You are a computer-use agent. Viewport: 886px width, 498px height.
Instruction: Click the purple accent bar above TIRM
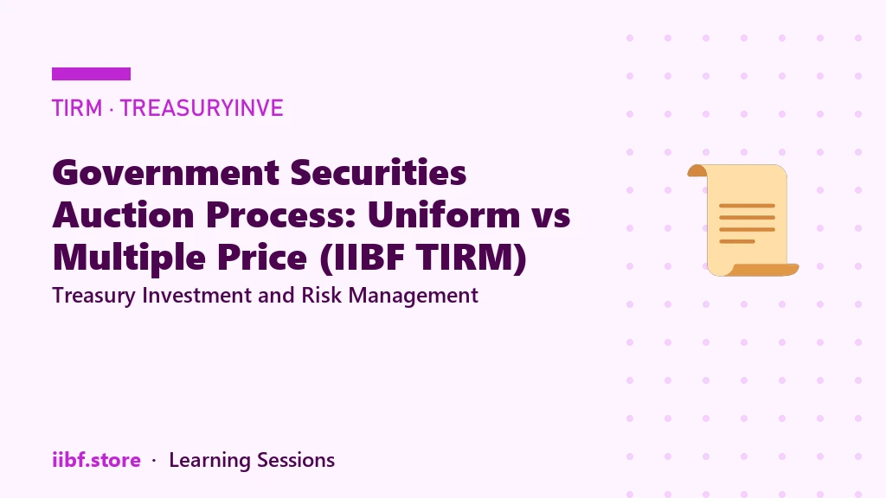(91, 74)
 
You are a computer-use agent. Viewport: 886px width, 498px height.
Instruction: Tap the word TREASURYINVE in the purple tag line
(202, 108)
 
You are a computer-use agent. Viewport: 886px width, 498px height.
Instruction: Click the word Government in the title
(166, 173)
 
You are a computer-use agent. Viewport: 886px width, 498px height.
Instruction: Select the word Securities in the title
(379, 172)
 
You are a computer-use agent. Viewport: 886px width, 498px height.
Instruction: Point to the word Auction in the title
(123, 214)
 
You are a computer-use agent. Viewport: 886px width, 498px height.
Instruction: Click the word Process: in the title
(281, 214)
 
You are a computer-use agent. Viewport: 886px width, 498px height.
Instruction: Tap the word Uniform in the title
(444, 214)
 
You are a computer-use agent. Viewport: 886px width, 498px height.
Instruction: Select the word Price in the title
(262, 257)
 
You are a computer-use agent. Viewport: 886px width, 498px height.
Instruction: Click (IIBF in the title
(363, 258)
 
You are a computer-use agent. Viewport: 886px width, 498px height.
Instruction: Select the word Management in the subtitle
(414, 296)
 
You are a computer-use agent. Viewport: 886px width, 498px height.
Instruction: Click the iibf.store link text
(96, 460)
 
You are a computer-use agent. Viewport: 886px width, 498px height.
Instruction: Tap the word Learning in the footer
(209, 461)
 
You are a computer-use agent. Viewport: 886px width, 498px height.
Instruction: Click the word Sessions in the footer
(296, 460)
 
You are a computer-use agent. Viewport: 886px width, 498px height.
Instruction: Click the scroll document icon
(742, 220)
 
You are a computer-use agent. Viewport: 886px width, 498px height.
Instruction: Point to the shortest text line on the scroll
(737, 242)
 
